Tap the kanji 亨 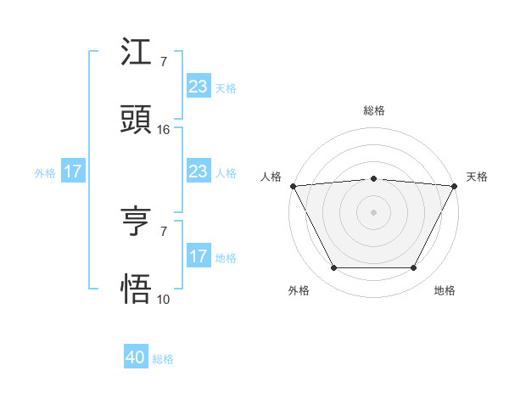136,222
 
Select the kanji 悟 136,289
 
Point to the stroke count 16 164,130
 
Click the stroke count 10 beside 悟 164,299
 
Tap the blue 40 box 136,358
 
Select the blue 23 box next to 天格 198,86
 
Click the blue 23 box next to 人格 198,172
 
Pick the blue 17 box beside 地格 198,256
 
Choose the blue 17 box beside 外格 72,172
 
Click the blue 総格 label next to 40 163,359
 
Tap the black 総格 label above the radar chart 373,111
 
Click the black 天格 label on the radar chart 477,177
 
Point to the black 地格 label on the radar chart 445,290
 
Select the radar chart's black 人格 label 271,177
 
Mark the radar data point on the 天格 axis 455,185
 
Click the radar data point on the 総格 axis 373,178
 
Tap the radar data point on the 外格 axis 333,268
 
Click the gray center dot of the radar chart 373,211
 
